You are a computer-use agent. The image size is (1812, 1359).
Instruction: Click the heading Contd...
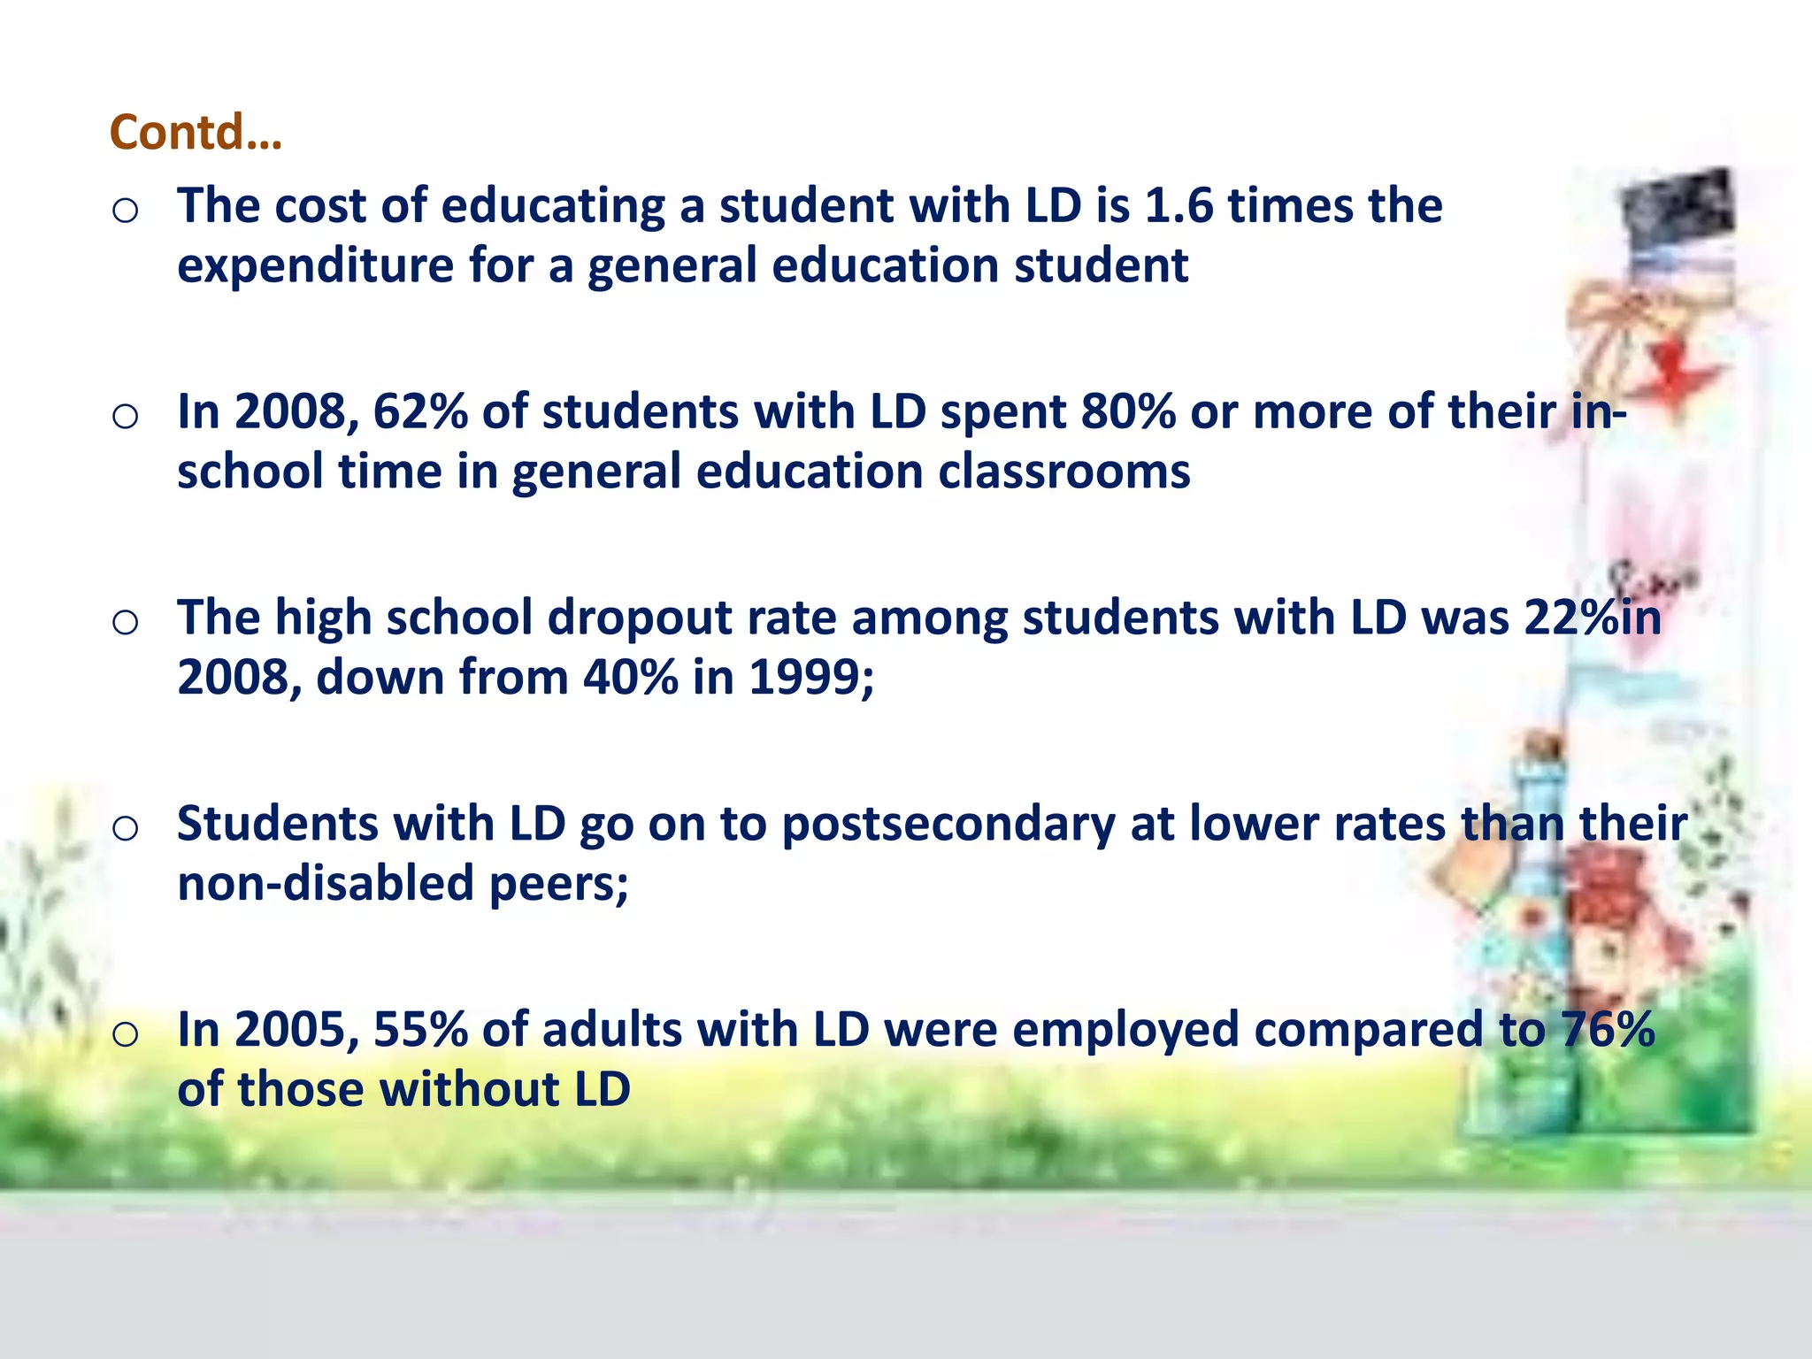tap(196, 133)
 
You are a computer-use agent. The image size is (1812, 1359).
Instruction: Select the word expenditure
tap(315, 266)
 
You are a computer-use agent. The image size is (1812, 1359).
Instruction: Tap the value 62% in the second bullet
tap(419, 412)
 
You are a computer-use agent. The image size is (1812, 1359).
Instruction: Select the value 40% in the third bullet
tap(630, 678)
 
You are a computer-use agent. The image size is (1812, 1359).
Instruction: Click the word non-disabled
tap(326, 884)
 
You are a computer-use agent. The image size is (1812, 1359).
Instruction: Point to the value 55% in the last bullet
tap(419, 1030)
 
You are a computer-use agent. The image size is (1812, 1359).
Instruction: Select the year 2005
tap(289, 1030)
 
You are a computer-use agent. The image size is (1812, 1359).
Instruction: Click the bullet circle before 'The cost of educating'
tap(126, 211)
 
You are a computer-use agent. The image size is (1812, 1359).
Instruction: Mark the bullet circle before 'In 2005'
tap(126, 1034)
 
